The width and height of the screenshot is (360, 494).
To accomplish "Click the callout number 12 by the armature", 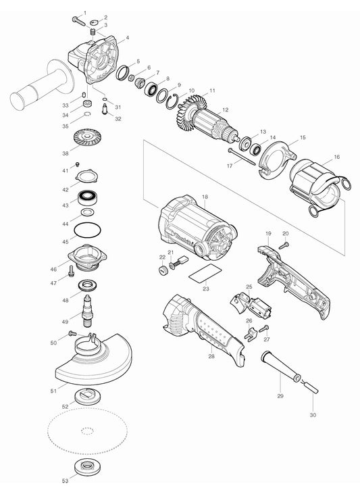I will tap(226, 109).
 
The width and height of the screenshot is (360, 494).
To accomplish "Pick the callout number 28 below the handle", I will tap(211, 355).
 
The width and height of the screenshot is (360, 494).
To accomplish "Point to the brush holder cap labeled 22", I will tap(161, 270).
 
